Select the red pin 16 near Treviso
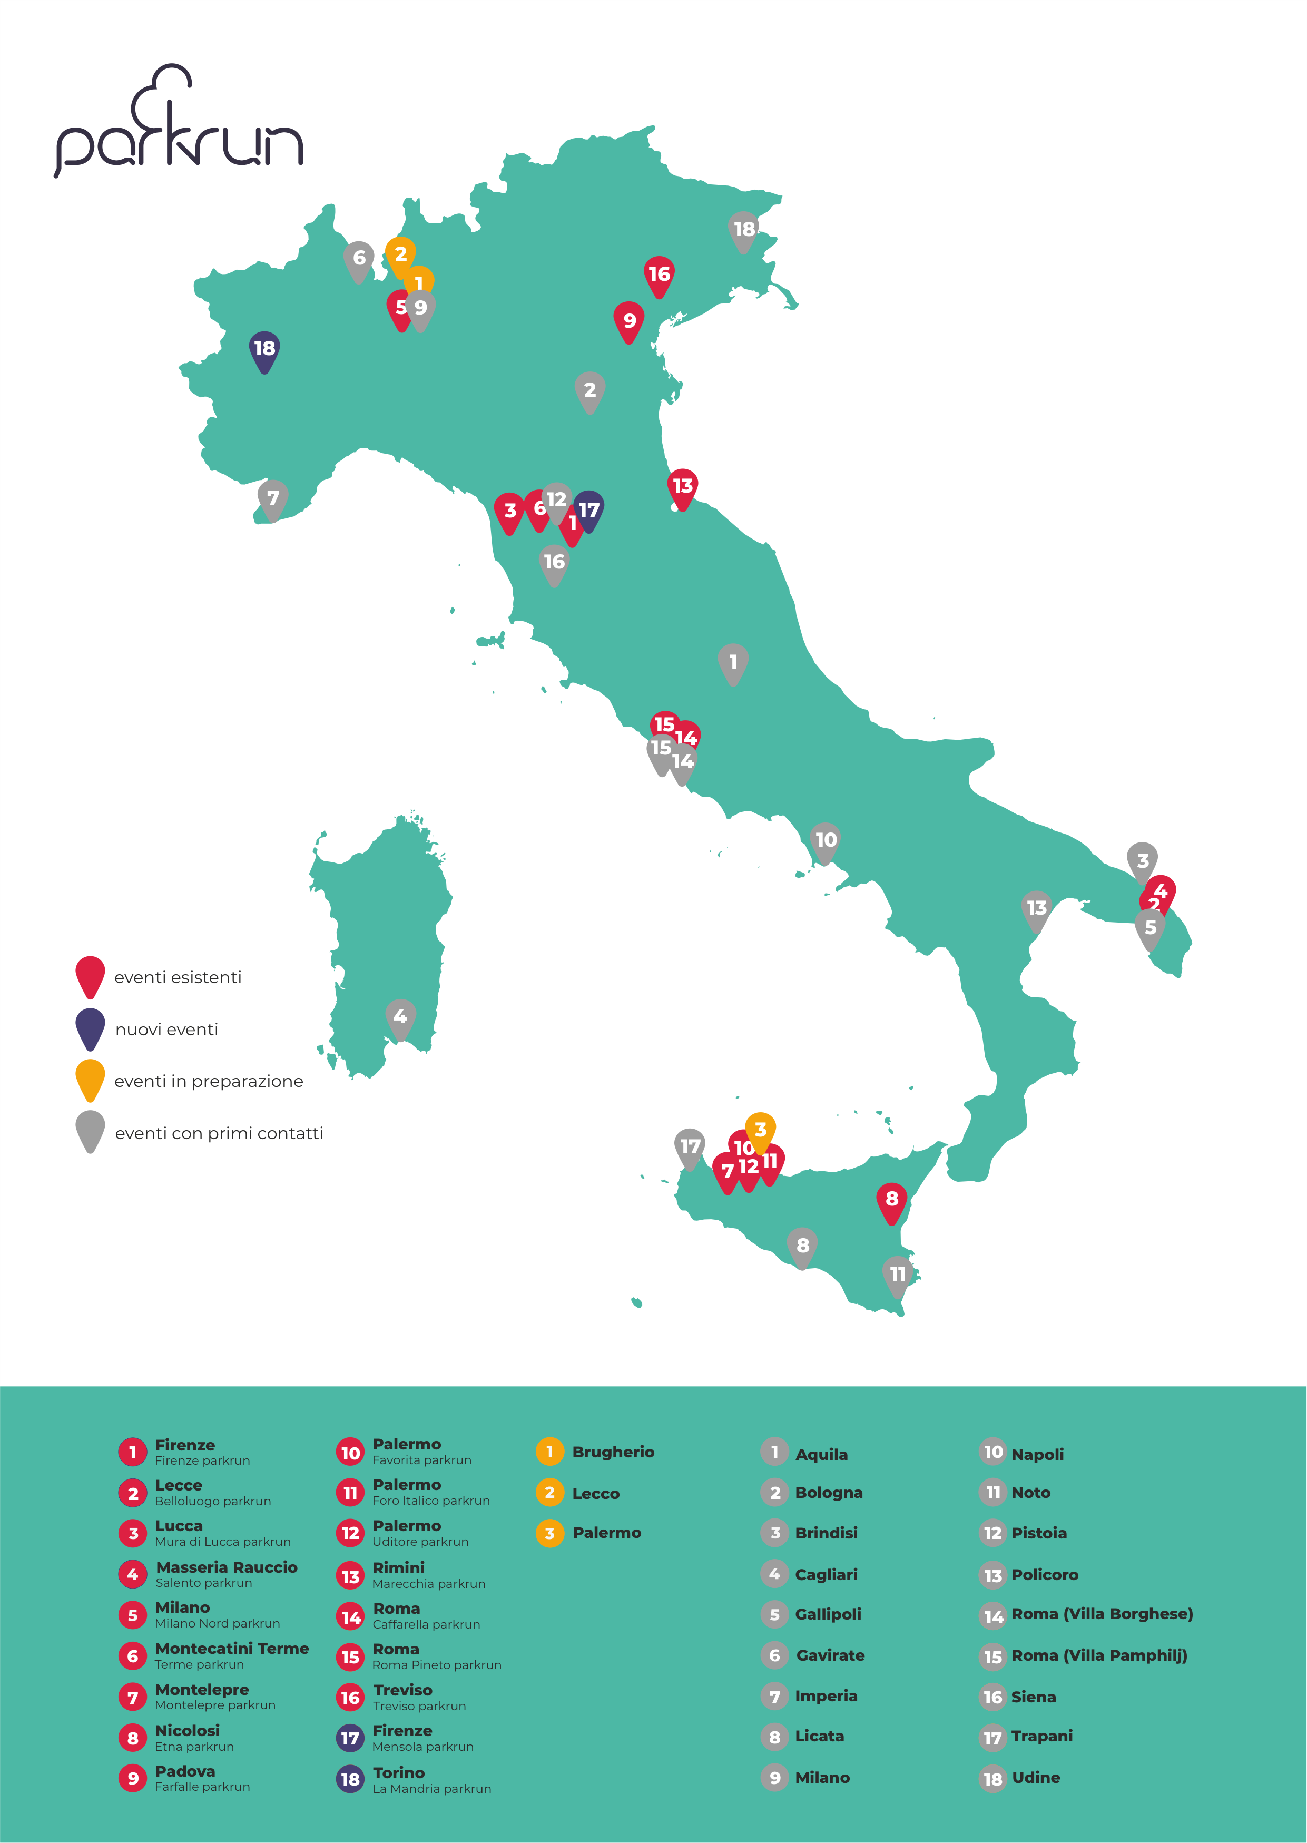(x=659, y=275)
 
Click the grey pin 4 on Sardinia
(x=400, y=1017)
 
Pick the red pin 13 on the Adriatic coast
(x=682, y=487)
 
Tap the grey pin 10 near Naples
(x=826, y=841)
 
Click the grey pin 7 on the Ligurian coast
(x=273, y=499)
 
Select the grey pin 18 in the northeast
(x=744, y=230)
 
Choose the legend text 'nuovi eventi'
(x=166, y=1030)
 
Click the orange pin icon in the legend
(x=90, y=1079)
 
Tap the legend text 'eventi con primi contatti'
(x=219, y=1133)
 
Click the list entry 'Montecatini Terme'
(x=232, y=1648)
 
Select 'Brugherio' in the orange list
(x=613, y=1452)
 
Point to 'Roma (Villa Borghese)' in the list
(x=1102, y=1614)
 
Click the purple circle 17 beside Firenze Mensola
(x=350, y=1738)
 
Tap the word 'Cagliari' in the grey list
(x=826, y=1574)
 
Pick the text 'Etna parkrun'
(x=194, y=1747)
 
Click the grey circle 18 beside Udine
(x=993, y=1779)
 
